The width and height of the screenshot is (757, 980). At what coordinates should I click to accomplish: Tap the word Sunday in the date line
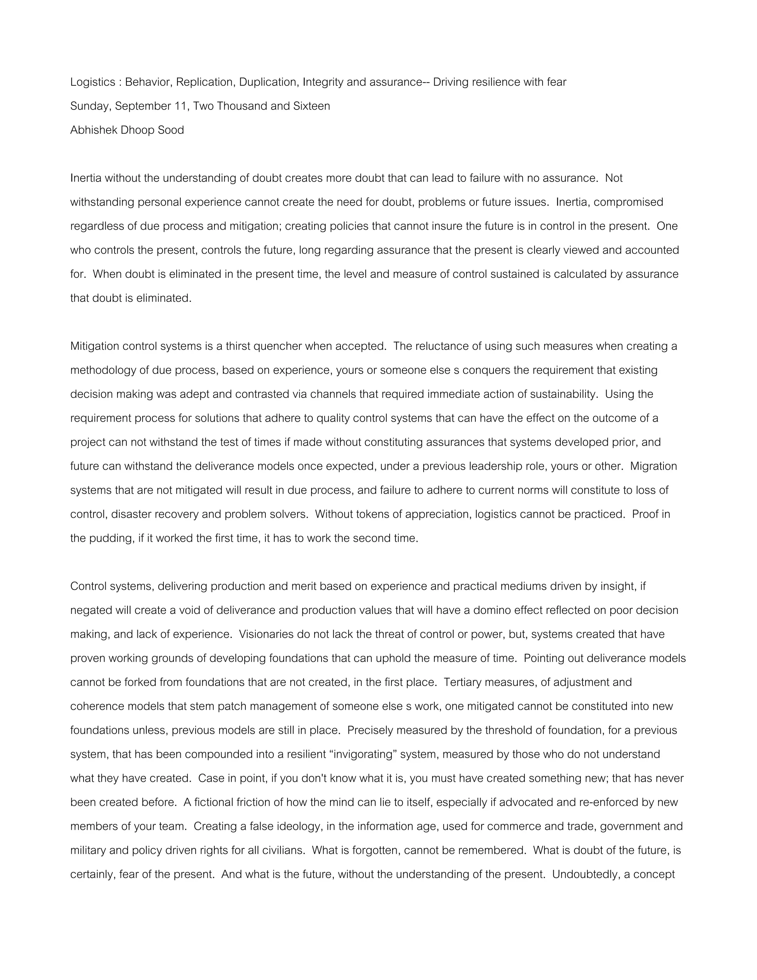(x=89, y=107)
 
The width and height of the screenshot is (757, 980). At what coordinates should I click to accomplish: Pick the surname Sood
(x=170, y=130)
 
